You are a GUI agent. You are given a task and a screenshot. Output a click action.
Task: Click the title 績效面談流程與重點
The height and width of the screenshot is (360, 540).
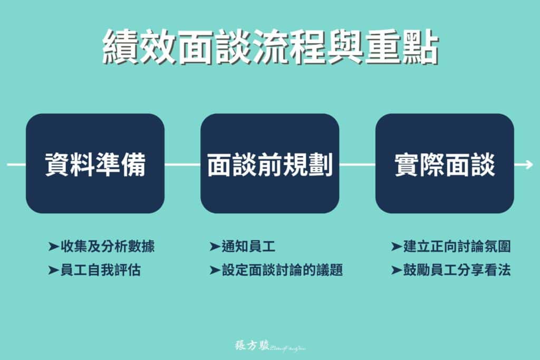point(270,47)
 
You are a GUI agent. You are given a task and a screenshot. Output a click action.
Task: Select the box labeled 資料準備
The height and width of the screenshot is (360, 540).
point(95,163)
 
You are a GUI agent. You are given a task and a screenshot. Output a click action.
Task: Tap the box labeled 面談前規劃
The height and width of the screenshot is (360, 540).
point(269,163)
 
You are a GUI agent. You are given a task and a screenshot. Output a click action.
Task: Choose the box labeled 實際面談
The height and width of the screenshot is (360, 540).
point(445,163)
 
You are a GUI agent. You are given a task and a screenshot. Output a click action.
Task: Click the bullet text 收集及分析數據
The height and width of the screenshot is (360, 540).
point(108,246)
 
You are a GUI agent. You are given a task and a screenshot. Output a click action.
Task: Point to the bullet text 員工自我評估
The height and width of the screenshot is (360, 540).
point(101,270)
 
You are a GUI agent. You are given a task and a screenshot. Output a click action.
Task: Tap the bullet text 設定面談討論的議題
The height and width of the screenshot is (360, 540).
point(282,270)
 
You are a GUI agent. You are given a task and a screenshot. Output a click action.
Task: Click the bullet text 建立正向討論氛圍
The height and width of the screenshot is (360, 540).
point(457,246)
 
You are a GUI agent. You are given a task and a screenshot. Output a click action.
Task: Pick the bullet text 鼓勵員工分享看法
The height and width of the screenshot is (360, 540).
point(457,270)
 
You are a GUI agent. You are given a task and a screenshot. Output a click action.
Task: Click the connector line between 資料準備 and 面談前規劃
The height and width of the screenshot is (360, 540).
point(182,164)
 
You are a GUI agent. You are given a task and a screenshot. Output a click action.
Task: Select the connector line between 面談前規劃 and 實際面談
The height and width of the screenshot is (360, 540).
point(357,164)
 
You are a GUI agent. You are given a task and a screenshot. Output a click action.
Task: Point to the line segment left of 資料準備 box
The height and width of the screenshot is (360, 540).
point(16,164)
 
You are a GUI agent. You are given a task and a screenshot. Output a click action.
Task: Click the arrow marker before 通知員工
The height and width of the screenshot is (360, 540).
point(215,246)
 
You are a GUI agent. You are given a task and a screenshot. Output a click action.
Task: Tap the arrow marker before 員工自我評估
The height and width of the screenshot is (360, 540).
point(53,270)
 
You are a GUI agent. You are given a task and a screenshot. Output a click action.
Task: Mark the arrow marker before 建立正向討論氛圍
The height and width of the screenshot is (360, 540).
point(397,246)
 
